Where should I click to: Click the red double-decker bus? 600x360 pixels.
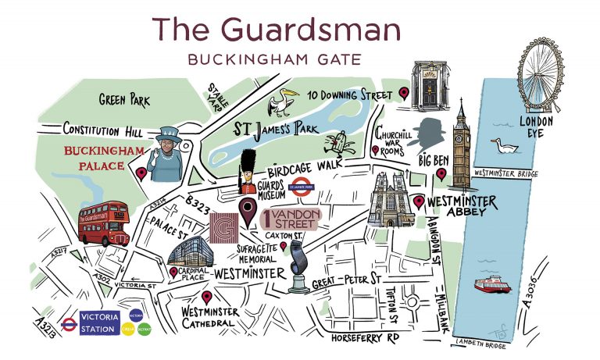tap(103, 224)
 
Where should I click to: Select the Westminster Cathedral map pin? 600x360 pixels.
tap(206, 297)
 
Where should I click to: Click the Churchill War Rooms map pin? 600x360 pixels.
tap(375, 150)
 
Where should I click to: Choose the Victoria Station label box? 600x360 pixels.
tap(101, 322)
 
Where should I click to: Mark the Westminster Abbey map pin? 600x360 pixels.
tap(420, 202)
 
